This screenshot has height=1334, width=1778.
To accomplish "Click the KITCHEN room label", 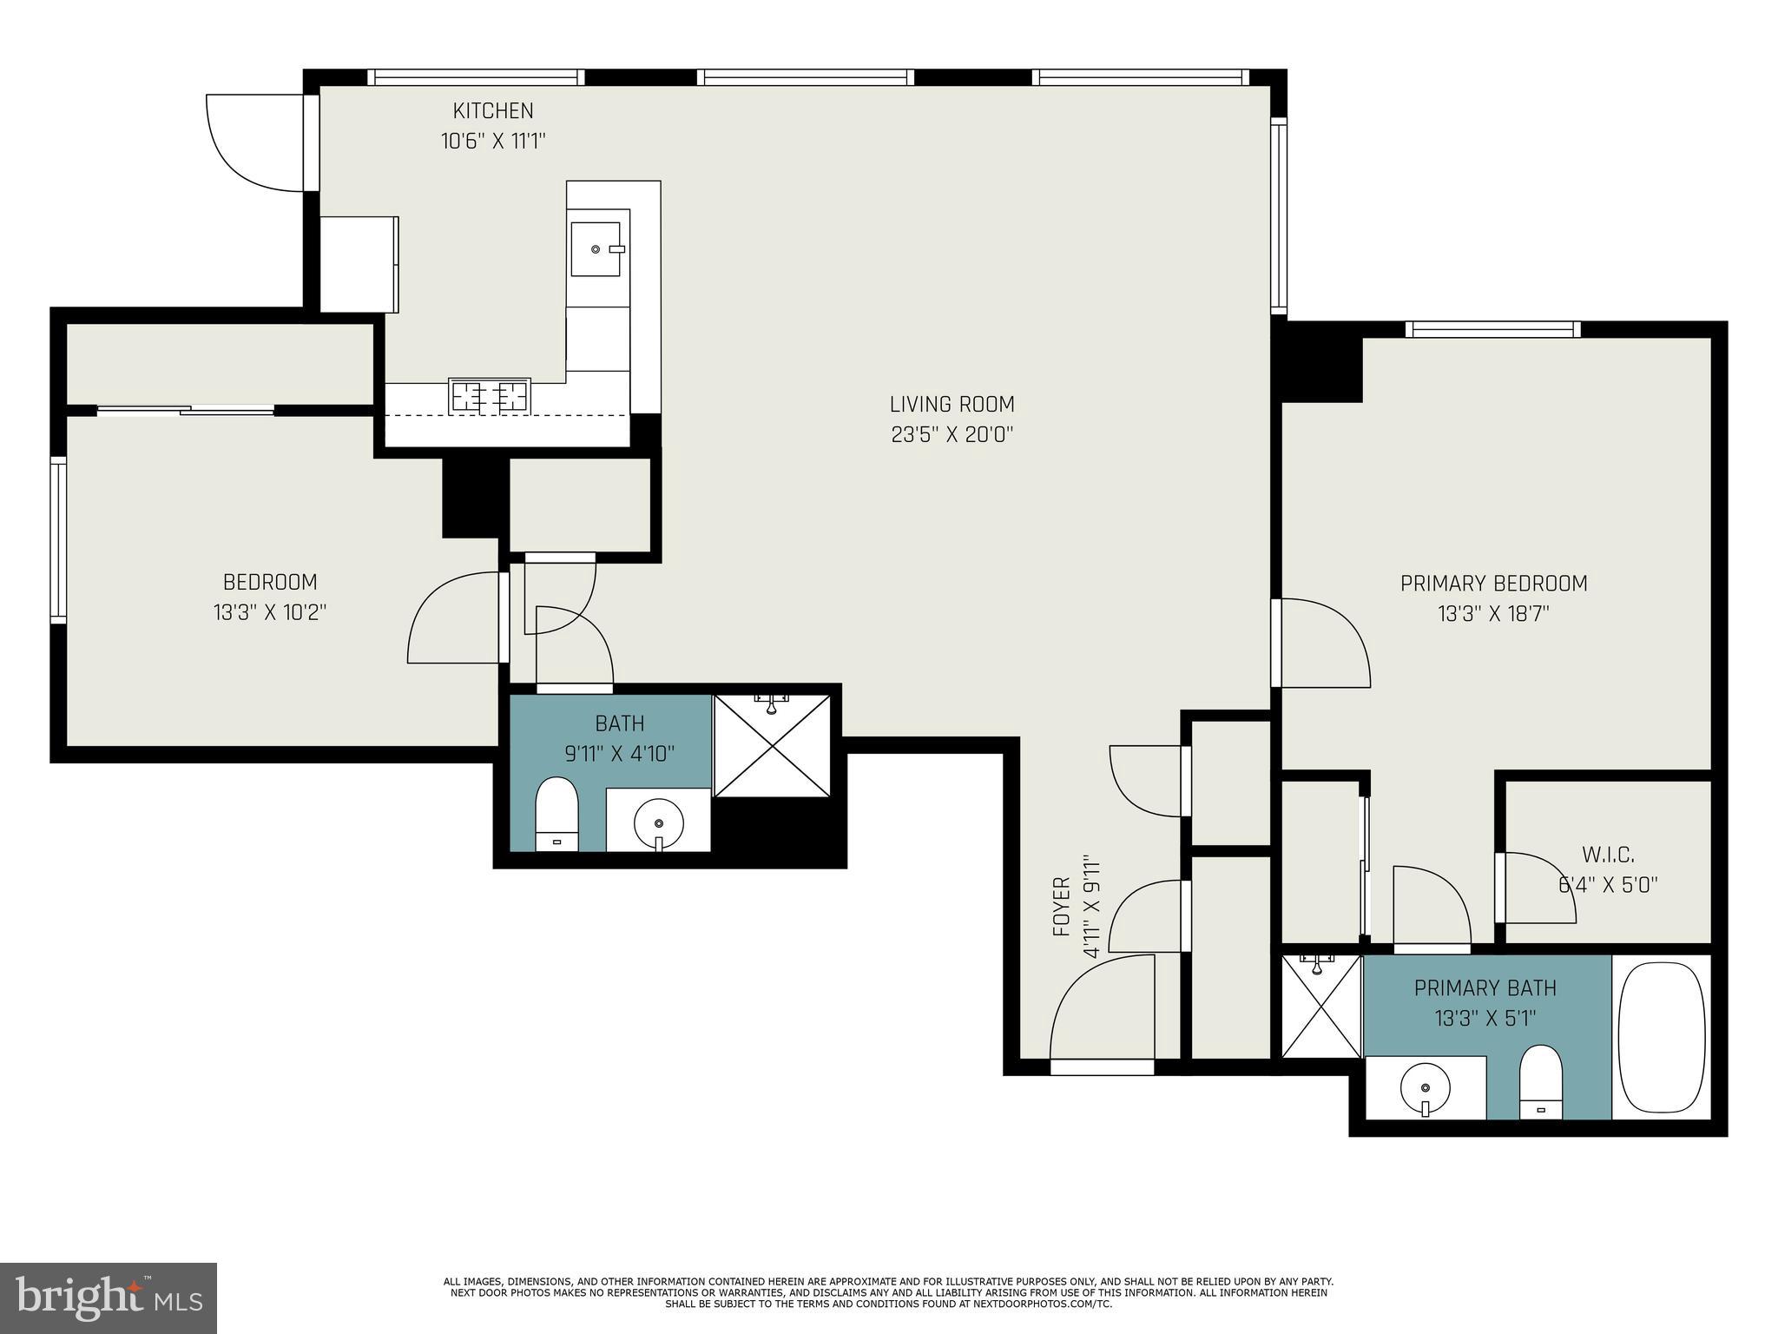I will (492, 111).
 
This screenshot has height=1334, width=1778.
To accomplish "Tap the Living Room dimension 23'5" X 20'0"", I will (952, 434).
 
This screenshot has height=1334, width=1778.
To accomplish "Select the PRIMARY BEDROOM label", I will (1493, 584).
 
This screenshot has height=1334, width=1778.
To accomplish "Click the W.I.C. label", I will (1608, 855).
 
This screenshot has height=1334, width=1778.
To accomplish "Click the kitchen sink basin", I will (596, 249).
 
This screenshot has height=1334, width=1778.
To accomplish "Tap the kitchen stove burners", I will (490, 396).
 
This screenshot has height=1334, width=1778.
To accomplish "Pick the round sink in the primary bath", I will (1425, 1086).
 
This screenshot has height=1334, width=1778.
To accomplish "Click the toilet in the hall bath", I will (556, 813).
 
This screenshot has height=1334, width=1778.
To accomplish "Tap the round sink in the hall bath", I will (659, 820).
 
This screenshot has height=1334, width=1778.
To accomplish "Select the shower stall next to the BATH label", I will (772, 746).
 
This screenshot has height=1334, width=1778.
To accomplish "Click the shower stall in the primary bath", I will (1320, 1007).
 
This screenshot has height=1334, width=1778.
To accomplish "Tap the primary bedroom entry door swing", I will (1324, 643).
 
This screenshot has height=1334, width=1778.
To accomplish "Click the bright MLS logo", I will (109, 1298).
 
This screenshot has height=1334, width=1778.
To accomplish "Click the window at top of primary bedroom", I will (1492, 329).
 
